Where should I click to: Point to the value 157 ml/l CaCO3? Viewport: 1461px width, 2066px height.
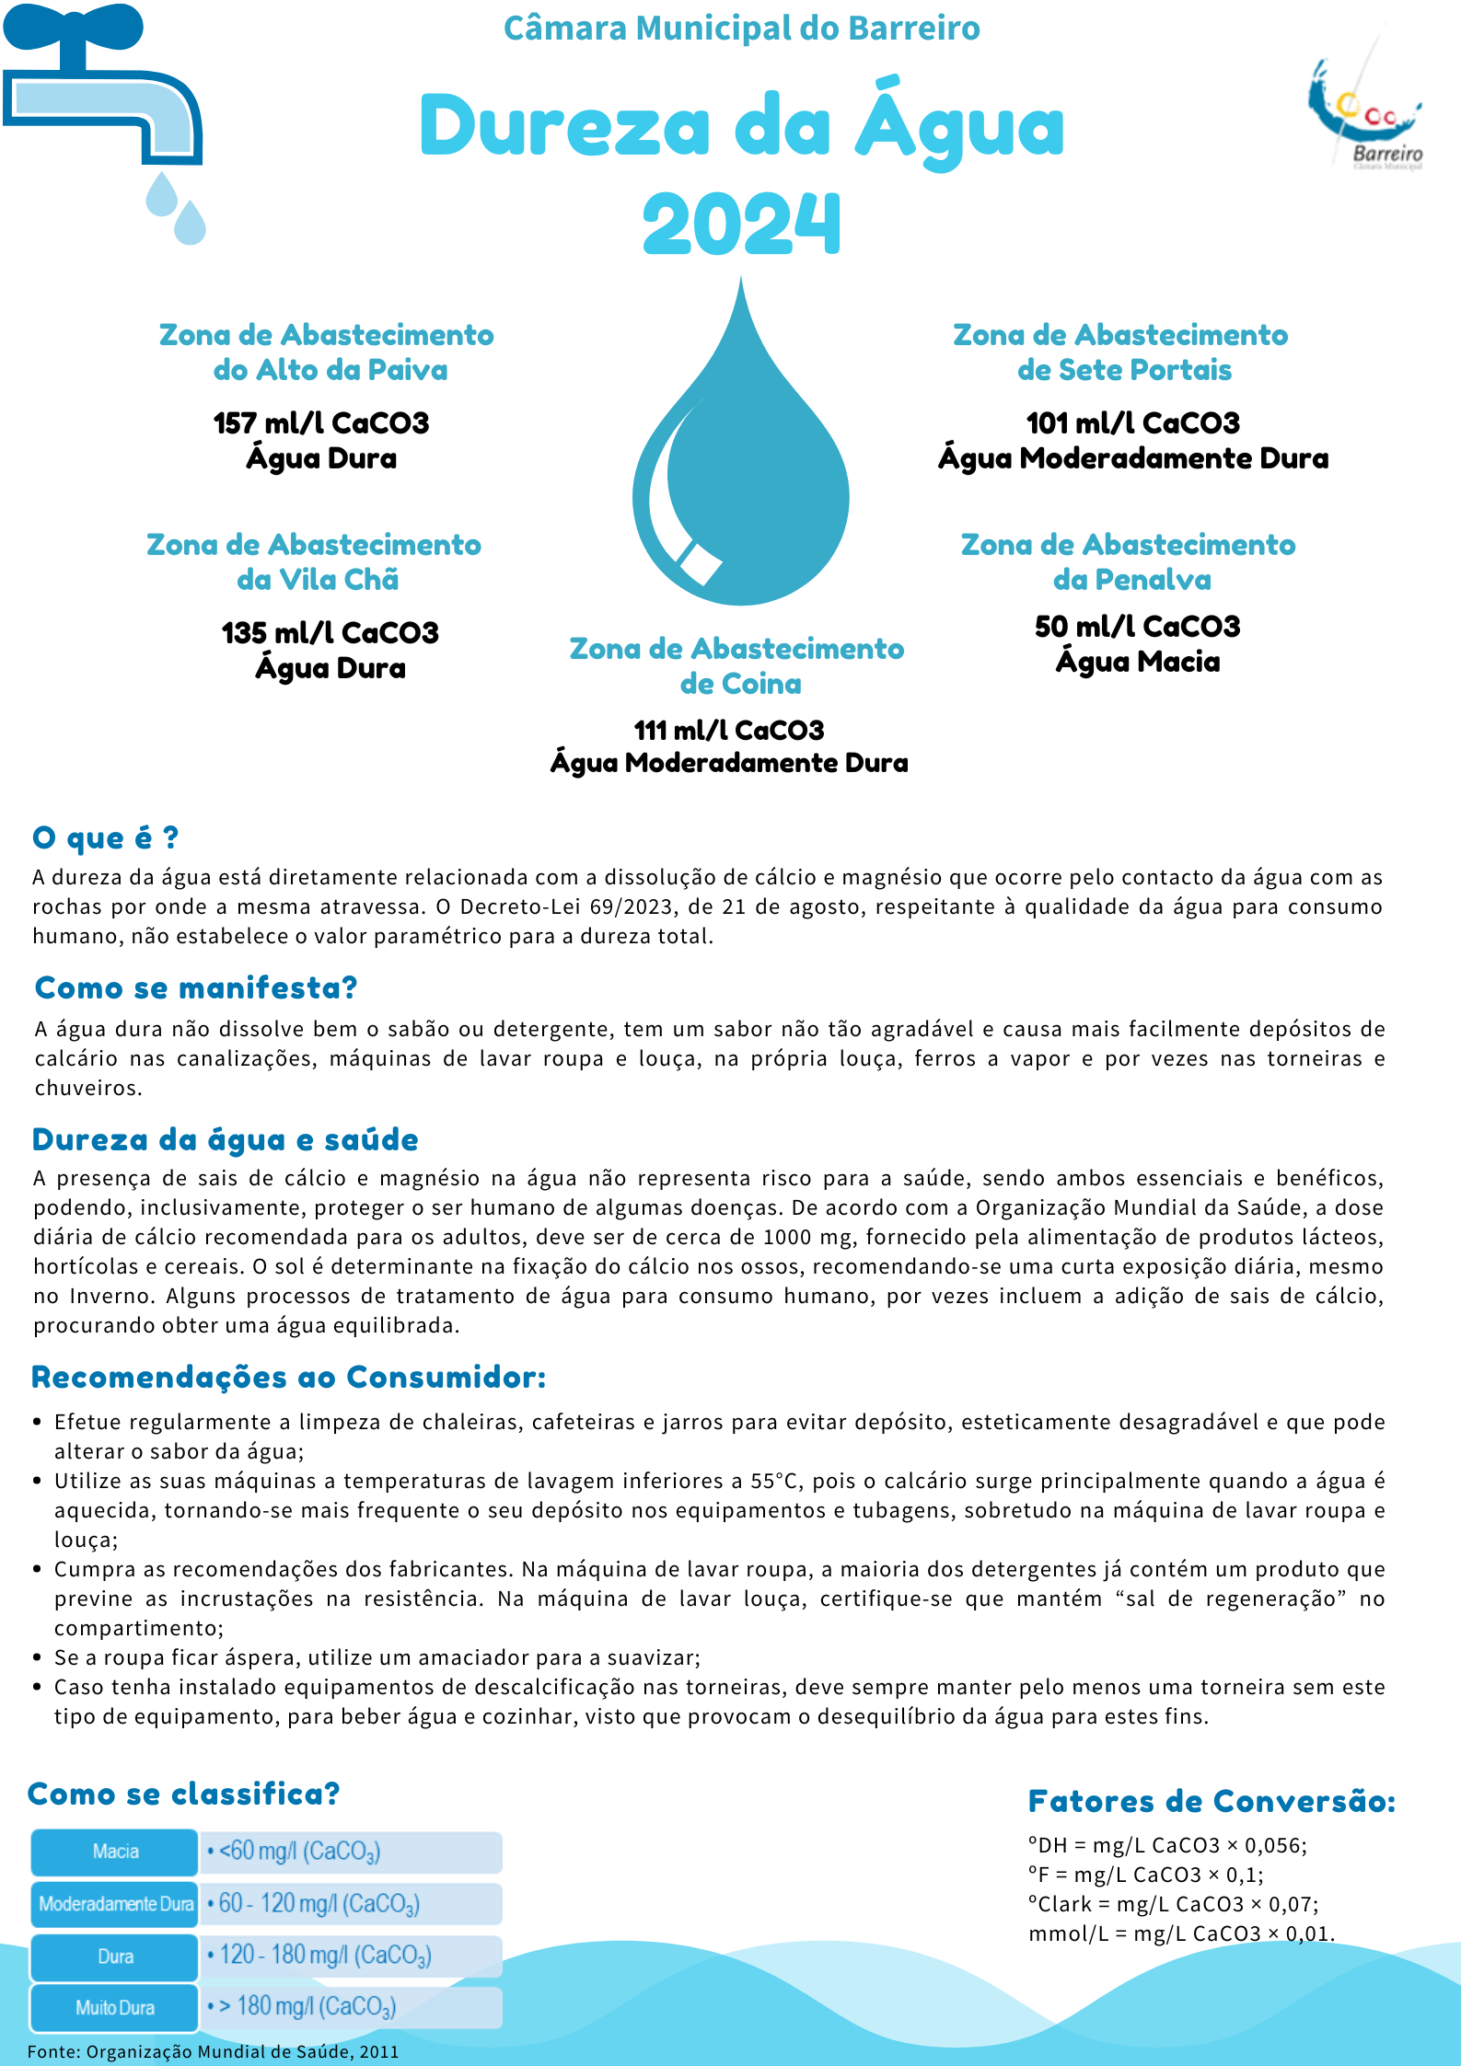[x=321, y=423]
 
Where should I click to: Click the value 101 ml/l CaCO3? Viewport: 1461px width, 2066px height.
[x=1132, y=423]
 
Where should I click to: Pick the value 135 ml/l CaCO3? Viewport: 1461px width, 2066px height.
[x=330, y=633]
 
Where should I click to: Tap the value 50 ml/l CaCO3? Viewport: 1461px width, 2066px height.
[x=1137, y=627]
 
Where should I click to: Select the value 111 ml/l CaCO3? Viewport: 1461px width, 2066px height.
[x=728, y=731]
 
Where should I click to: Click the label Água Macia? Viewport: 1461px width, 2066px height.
[x=1138, y=662]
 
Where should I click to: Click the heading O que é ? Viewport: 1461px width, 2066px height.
[x=105, y=837]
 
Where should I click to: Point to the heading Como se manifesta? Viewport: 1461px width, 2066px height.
[x=196, y=987]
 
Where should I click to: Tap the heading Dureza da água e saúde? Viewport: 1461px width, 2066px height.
[x=226, y=1139]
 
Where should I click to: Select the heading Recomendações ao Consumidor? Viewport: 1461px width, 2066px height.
[x=289, y=1378]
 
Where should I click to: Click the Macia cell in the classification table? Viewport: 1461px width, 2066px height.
[x=115, y=1852]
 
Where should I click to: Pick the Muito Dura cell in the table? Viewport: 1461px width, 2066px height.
[x=115, y=2007]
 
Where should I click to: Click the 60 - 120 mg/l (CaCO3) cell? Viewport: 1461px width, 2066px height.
[x=351, y=1903]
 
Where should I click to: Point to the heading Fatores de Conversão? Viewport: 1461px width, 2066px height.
[x=1212, y=1801]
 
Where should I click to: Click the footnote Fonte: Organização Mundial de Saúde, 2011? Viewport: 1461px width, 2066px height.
[x=213, y=2051]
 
